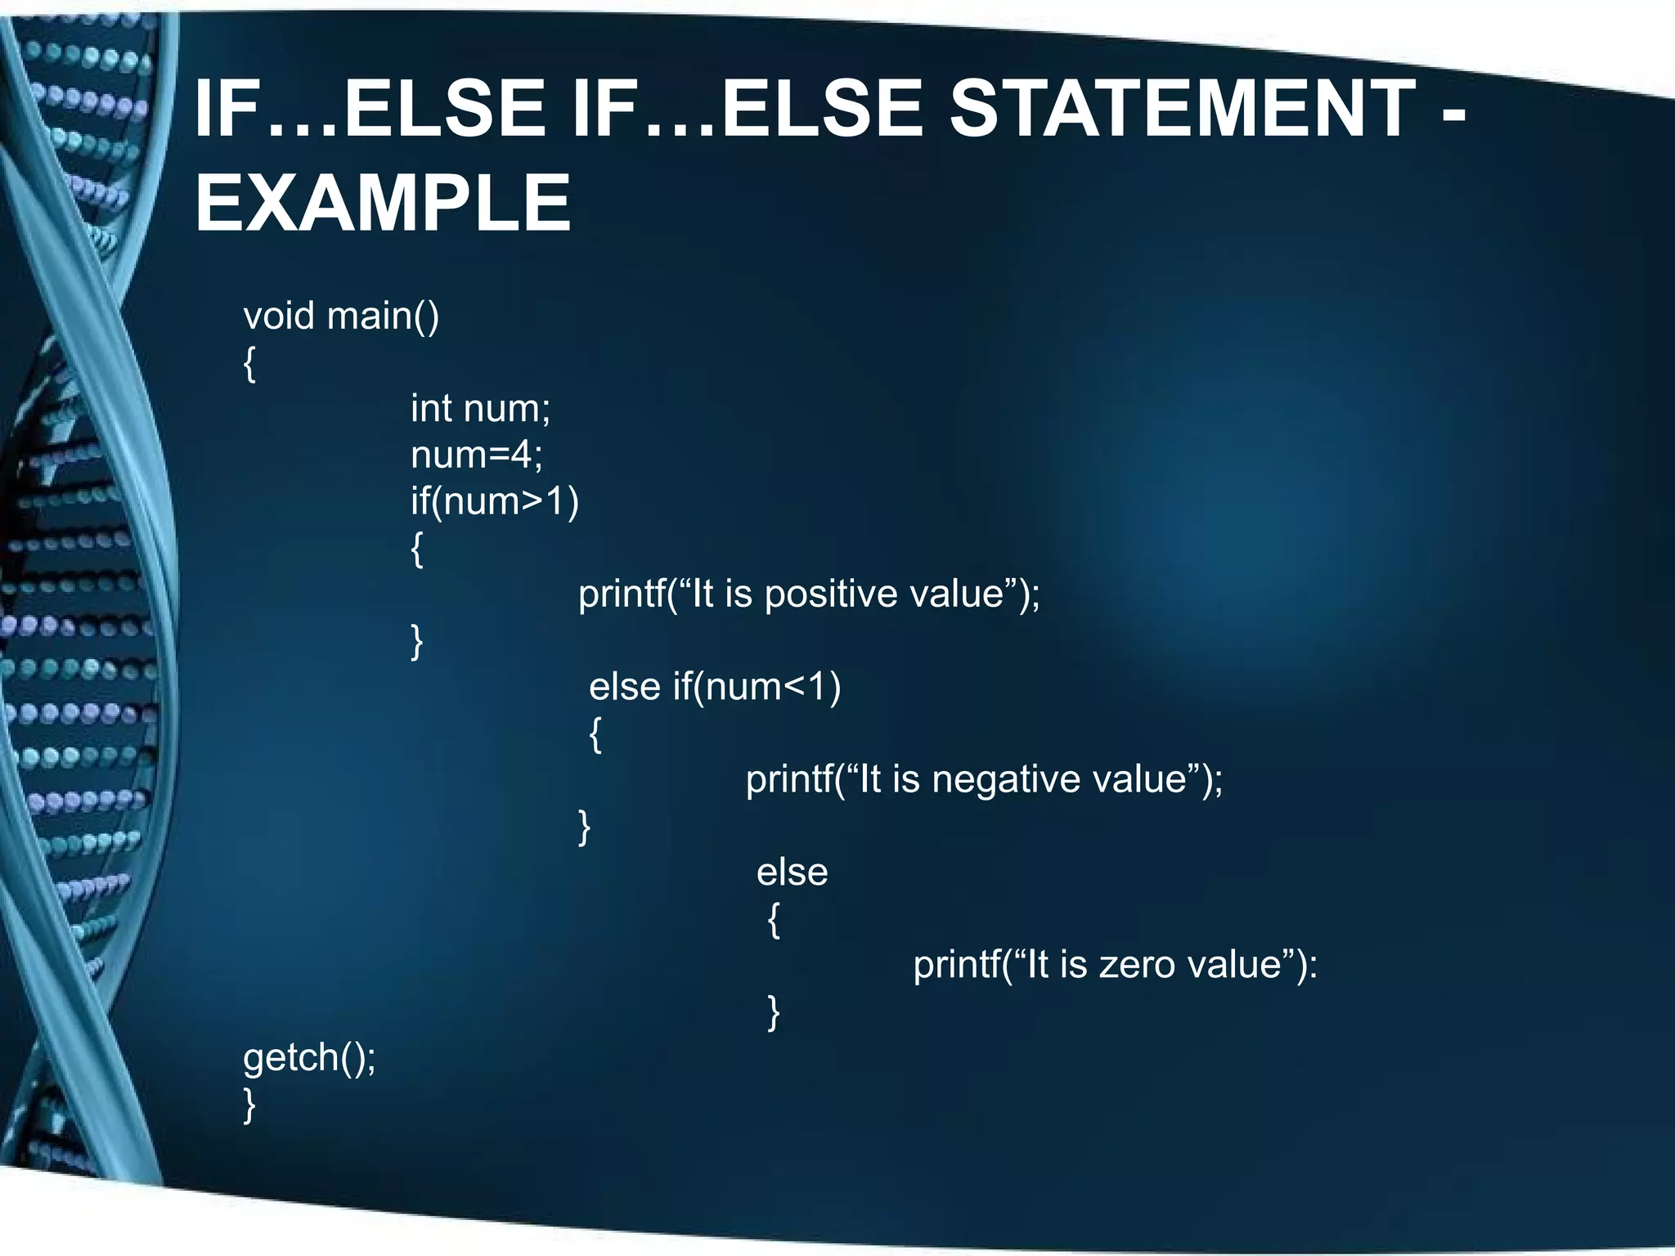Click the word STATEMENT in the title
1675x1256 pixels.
(x=1183, y=108)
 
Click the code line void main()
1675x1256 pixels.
(x=341, y=316)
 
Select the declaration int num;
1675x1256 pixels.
(x=481, y=408)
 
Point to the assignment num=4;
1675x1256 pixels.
(x=477, y=455)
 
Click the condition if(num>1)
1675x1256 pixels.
(x=495, y=500)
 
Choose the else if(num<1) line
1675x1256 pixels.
(x=715, y=686)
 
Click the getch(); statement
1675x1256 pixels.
(x=310, y=1057)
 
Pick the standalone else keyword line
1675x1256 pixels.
(x=792, y=872)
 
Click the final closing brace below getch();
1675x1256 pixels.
(x=250, y=1105)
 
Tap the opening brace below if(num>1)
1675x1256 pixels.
(x=417, y=549)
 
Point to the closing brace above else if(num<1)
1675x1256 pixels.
(x=417, y=641)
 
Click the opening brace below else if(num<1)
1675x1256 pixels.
(x=596, y=734)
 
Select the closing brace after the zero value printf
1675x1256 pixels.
(x=774, y=1012)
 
